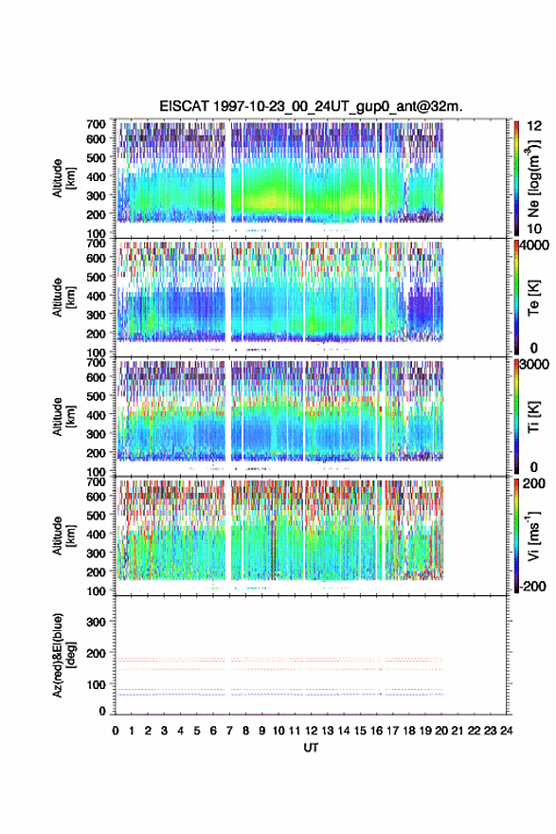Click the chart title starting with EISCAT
(311, 106)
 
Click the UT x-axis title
(311, 748)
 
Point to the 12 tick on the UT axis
(311, 731)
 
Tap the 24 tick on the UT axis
(507, 731)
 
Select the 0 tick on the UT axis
(116, 731)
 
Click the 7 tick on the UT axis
(229, 731)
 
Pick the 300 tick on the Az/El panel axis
(96, 622)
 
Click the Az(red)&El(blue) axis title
(63, 655)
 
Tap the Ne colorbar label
(533, 179)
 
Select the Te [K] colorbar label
(533, 298)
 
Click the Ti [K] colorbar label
(533, 417)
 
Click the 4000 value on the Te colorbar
(535, 245)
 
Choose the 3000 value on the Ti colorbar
(535, 365)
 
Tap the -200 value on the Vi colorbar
(533, 586)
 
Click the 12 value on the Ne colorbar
(534, 126)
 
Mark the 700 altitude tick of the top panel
(96, 124)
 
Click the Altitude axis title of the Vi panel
(63, 535)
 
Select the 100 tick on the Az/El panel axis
(96, 684)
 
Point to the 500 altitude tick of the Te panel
(96, 277)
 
